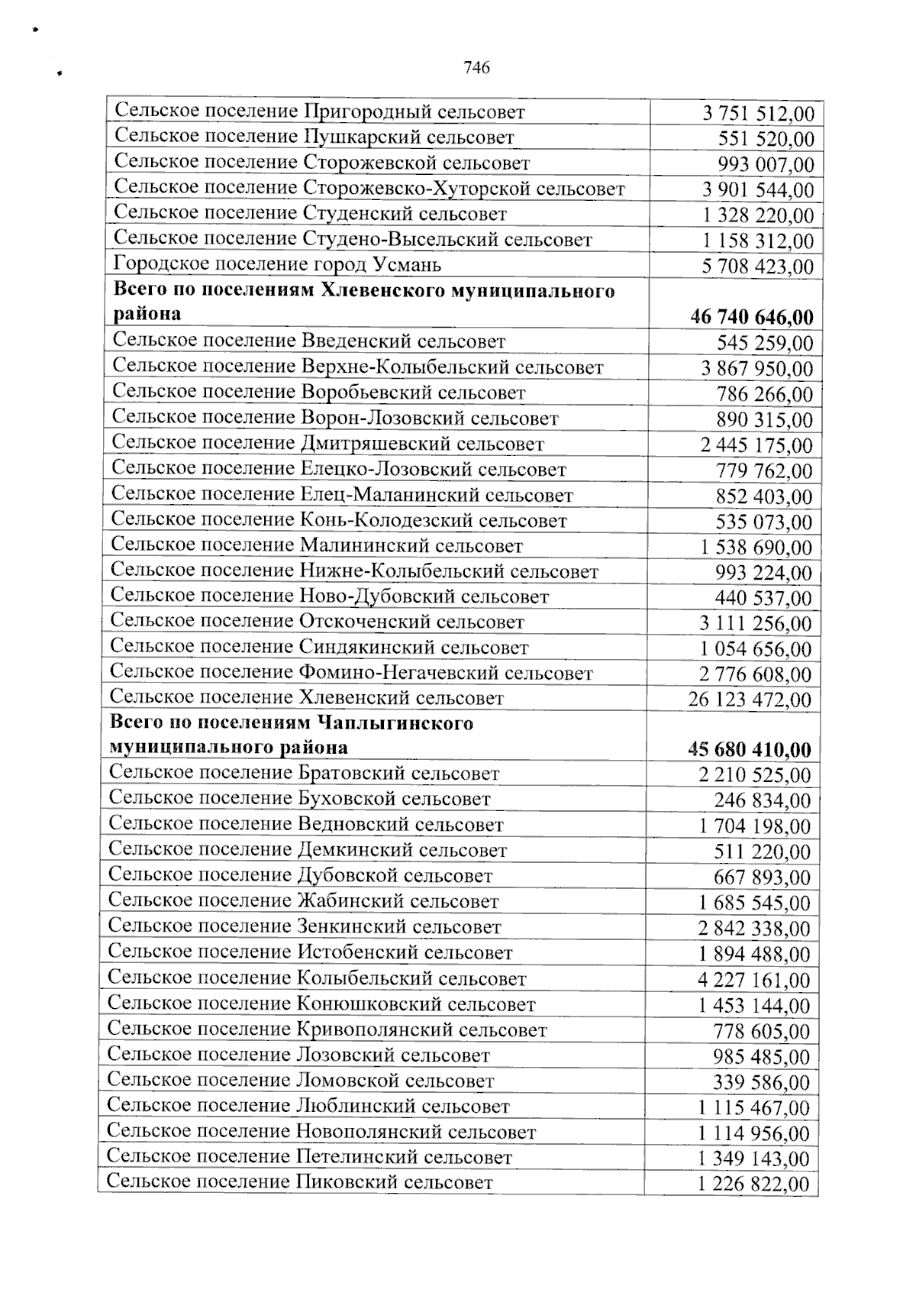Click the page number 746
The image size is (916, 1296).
pyautogui.click(x=476, y=68)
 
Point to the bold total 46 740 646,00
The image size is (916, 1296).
pyautogui.click(x=752, y=317)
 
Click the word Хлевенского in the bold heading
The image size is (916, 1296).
pyautogui.click(x=400, y=291)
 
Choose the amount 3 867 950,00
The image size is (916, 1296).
pyautogui.click(x=757, y=369)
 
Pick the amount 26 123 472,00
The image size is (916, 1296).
pyautogui.click(x=750, y=700)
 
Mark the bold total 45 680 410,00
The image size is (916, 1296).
pyautogui.click(x=750, y=749)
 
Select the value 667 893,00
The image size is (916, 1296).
pyautogui.click(x=762, y=877)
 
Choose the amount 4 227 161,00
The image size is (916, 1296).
pyautogui.click(x=754, y=980)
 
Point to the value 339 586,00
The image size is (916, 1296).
pyautogui.click(x=762, y=1082)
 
